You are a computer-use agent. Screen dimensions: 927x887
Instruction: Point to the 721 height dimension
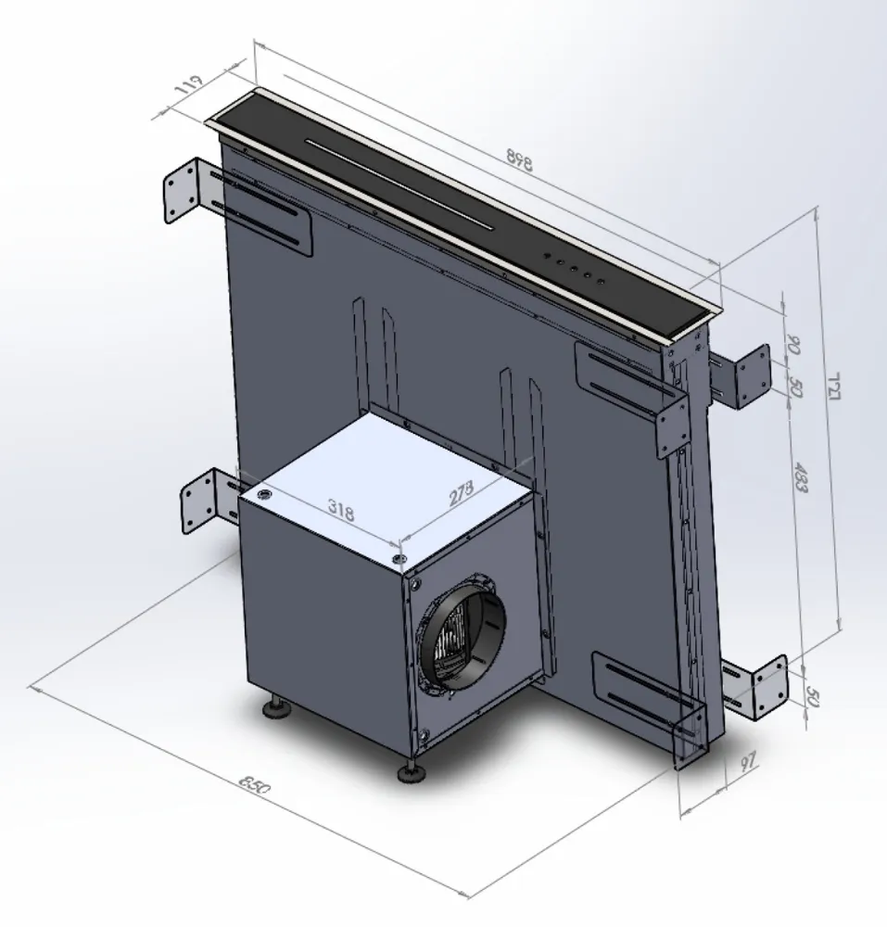(x=832, y=381)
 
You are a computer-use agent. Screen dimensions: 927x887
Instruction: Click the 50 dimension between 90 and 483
(x=793, y=388)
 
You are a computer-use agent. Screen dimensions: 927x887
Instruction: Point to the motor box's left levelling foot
(x=277, y=709)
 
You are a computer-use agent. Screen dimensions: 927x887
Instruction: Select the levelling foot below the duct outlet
(x=408, y=770)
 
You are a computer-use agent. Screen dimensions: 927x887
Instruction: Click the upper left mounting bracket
(x=184, y=190)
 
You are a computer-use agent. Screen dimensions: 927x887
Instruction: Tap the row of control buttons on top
(x=573, y=268)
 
